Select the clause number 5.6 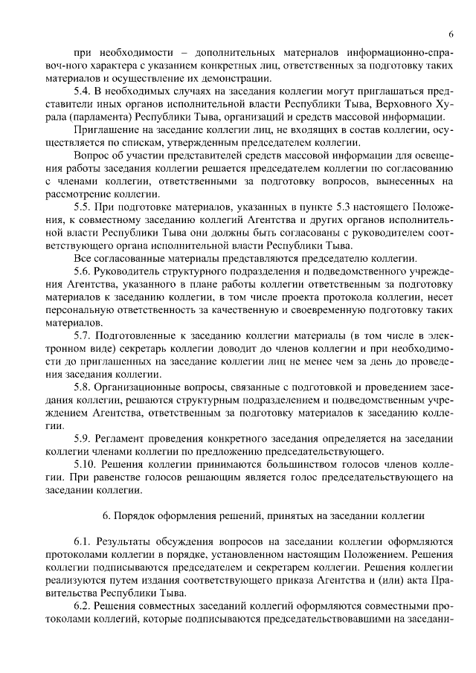[x=83, y=271]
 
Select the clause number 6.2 [x=83, y=608]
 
